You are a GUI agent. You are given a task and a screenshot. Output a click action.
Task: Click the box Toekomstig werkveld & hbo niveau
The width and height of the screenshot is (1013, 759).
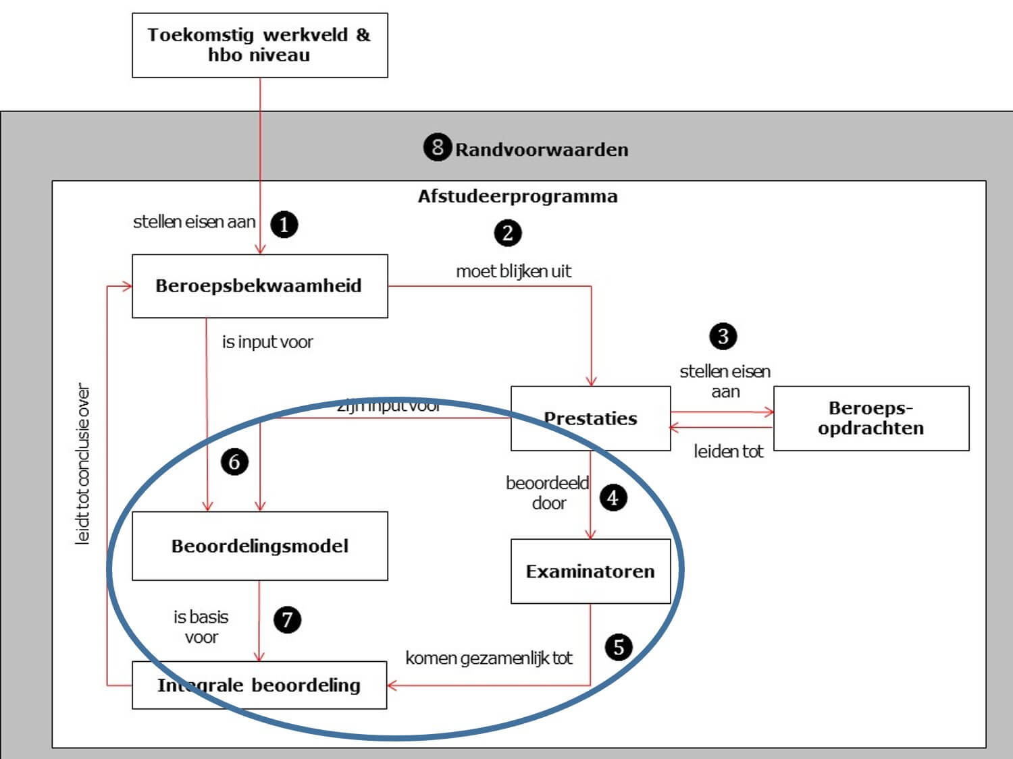pyautogui.click(x=259, y=45)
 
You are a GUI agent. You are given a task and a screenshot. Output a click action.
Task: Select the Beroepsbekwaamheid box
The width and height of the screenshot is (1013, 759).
pyautogui.click(x=259, y=285)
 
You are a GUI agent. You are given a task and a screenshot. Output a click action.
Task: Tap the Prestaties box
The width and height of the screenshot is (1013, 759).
pyautogui.click(x=590, y=418)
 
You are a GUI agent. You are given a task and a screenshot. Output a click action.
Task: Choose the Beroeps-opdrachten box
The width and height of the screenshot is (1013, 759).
pyautogui.click(x=871, y=418)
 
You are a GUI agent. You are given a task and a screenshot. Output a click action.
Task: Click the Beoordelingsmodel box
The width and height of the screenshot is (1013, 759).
pyautogui.click(x=259, y=546)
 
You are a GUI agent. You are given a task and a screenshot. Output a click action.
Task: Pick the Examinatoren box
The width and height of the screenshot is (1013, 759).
pyautogui.click(x=590, y=571)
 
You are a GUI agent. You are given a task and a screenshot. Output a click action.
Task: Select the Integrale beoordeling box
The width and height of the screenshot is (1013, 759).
pyautogui.click(x=259, y=685)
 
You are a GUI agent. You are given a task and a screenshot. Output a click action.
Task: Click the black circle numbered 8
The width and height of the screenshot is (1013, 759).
pyautogui.click(x=437, y=147)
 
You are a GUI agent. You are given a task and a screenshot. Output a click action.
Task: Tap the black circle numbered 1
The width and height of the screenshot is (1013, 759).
pyautogui.click(x=284, y=224)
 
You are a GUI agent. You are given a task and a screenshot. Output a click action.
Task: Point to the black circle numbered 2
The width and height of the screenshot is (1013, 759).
pyautogui.click(x=508, y=233)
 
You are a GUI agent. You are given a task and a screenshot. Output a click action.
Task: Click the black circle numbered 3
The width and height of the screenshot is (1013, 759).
pyautogui.click(x=723, y=336)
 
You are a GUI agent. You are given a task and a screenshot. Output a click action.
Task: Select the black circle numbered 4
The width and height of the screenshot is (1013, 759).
pyautogui.click(x=613, y=498)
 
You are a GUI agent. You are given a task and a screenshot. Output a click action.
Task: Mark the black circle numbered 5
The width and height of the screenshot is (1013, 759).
pyautogui.click(x=618, y=647)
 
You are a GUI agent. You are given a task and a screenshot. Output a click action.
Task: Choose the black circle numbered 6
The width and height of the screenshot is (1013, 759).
pyautogui.click(x=234, y=462)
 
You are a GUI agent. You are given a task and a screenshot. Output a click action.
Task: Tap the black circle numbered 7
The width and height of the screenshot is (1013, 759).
pyautogui.click(x=287, y=619)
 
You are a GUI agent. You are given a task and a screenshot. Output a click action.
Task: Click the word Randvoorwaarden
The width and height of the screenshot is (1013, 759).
pyautogui.click(x=542, y=150)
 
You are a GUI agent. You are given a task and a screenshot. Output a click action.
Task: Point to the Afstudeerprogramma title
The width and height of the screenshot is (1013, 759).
pyautogui.click(x=517, y=196)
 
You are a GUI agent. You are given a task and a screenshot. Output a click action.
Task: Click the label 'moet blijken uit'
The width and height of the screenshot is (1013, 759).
pyautogui.click(x=513, y=271)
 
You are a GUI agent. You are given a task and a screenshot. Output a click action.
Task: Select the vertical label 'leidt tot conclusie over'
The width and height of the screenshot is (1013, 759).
pyautogui.click(x=82, y=464)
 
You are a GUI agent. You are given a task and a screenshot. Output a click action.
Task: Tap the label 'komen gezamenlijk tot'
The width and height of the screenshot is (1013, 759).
pyautogui.click(x=488, y=658)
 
